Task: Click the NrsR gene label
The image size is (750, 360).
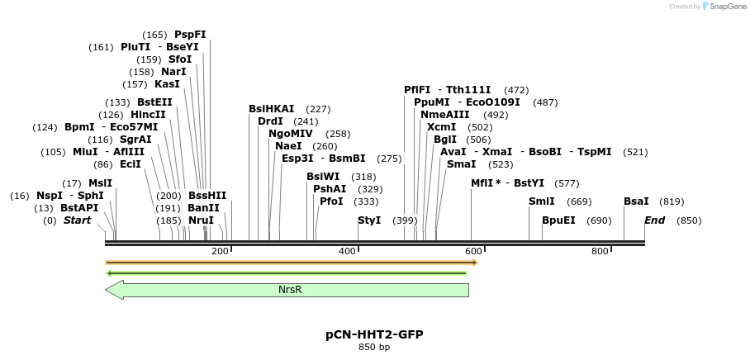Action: [290, 290]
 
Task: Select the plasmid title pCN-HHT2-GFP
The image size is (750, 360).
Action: [374, 334]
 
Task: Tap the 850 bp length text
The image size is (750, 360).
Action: [374, 348]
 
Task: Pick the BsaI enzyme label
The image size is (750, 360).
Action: [636, 201]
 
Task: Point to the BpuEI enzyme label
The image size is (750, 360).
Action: [558, 220]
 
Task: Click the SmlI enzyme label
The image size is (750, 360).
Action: [542, 201]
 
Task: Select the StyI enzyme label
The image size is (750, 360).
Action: [369, 220]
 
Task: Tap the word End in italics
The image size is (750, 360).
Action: [654, 220]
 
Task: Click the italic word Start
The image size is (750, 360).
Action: [77, 220]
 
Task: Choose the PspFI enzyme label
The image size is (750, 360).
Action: [190, 35]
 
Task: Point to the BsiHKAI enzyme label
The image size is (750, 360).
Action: [271, 109]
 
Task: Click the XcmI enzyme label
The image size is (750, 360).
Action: [441, 127]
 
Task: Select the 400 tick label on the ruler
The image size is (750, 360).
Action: [347, 251]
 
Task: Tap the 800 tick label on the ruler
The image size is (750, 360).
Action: [600, 251]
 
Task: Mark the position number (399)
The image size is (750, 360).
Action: [405, 220]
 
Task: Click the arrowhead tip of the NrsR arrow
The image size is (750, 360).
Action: [107, 290]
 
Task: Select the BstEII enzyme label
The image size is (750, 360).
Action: [154, 102]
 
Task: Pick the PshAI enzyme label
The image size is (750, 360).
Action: [330, 189]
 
